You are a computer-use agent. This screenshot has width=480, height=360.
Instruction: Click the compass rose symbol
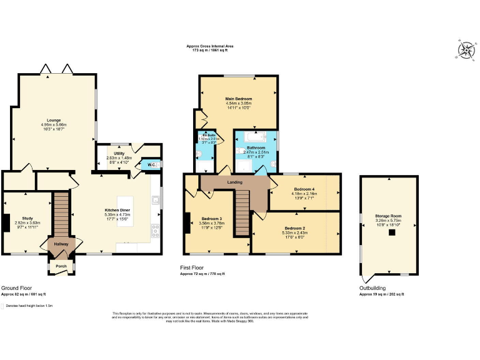[465, 50]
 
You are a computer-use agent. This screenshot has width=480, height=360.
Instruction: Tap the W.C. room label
[152, 165]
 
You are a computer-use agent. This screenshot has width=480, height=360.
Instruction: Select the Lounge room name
[54, 119]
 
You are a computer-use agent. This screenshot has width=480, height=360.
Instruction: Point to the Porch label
[61, 266]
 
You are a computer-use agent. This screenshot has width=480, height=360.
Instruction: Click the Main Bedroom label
[238, 98]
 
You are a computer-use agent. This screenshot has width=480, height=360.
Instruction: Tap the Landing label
[234, 182]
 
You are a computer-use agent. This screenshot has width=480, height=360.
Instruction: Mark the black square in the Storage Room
[392, 232]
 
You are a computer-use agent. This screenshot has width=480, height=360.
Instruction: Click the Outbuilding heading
[372, 288]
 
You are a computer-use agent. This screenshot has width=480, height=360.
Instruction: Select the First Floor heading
[192, 268]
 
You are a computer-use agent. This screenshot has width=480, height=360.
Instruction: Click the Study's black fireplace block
[5, 223]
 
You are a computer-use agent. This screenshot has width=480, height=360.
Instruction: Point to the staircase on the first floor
[242, 212]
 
